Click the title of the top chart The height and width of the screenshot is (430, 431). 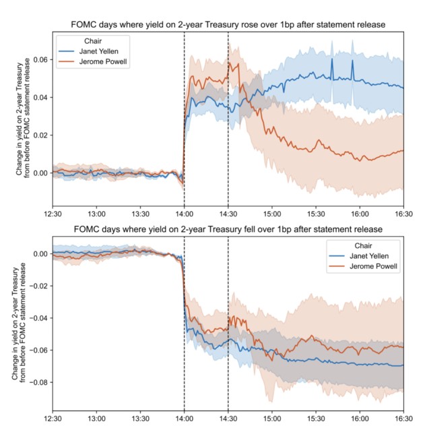point(228,25)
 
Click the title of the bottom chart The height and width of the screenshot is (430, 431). point(228,228)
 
